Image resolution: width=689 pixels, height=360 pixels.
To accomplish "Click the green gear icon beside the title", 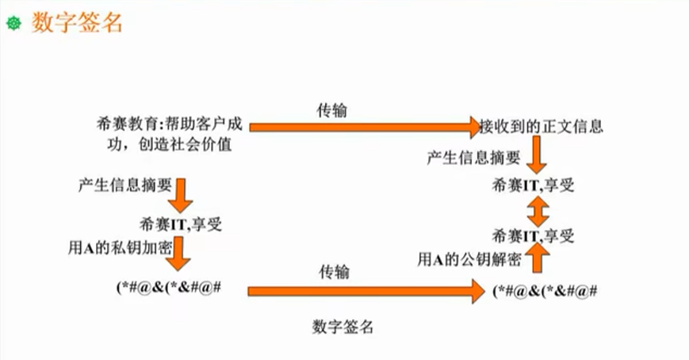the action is (12, 24).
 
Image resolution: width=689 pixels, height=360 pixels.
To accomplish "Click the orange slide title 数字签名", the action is (77, 23).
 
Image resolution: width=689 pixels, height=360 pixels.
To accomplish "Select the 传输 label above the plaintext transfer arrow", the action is (331, 110).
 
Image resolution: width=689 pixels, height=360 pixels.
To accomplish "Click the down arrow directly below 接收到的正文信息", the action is (537, 158).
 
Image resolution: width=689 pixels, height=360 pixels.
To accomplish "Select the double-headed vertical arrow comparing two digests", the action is (537, 211).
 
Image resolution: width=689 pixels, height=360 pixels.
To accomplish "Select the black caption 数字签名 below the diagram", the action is (343, 326).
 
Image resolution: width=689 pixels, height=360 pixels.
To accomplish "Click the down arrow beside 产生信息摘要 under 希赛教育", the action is (182, 195).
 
